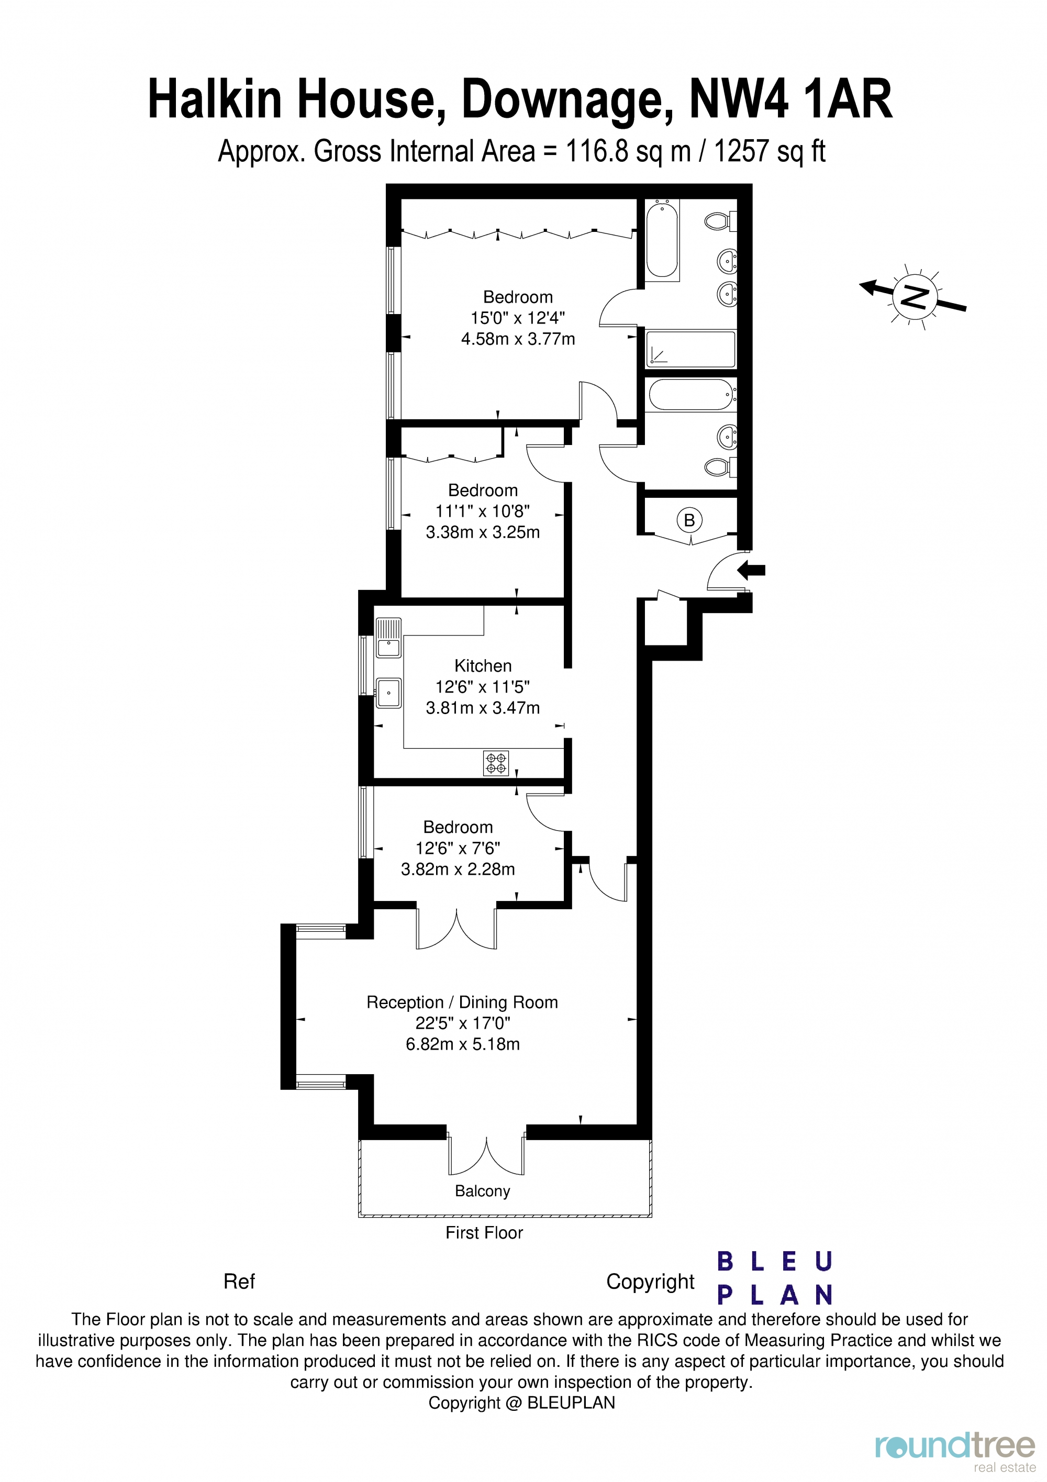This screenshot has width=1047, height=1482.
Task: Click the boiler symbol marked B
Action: coord(689,520)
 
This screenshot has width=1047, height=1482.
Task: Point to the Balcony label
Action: coord(482,1191)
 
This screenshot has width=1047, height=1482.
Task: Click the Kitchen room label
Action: coord(482,665)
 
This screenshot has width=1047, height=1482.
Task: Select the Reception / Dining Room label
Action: coord(462,1002)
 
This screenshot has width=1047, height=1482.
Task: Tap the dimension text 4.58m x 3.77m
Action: coord(518,339)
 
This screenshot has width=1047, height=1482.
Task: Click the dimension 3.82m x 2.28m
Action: coord(458,869)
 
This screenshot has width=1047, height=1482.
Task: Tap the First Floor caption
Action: coord(484,1232)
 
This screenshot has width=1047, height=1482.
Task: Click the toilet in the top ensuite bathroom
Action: coord(718,221)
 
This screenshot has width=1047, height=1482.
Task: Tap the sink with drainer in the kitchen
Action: coord(388,638)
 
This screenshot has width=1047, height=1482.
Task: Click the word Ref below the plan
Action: coord(239,1282)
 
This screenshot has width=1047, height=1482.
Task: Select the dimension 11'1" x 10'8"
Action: coord(482,511)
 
